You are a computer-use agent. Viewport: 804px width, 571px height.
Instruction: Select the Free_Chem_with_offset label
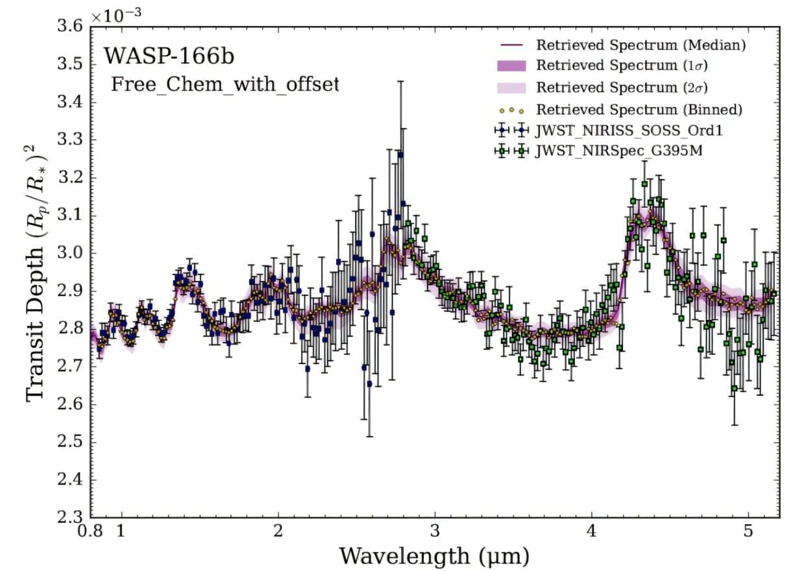(x=225, y=85)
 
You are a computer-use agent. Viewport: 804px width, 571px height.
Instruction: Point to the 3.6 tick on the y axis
(x=70, y=27)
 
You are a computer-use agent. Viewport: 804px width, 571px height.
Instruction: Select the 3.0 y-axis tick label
(x=70, y=254)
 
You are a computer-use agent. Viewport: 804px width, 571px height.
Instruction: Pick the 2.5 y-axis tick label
(x=70, y=443)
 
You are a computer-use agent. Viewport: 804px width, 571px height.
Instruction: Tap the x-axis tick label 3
(x=435, y=531)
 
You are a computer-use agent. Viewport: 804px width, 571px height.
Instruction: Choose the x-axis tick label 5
(x=748, y=531)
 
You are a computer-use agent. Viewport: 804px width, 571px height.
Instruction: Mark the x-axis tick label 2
(x=278, y=531)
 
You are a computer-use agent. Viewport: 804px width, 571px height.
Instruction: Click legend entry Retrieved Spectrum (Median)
(x=640, y=45)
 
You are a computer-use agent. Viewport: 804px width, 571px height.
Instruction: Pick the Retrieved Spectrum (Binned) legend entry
(x=639, y=108)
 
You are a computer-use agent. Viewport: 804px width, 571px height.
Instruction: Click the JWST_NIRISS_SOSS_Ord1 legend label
(x=627, y=130)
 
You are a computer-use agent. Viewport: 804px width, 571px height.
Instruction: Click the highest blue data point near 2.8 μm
(x=400, y=154)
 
